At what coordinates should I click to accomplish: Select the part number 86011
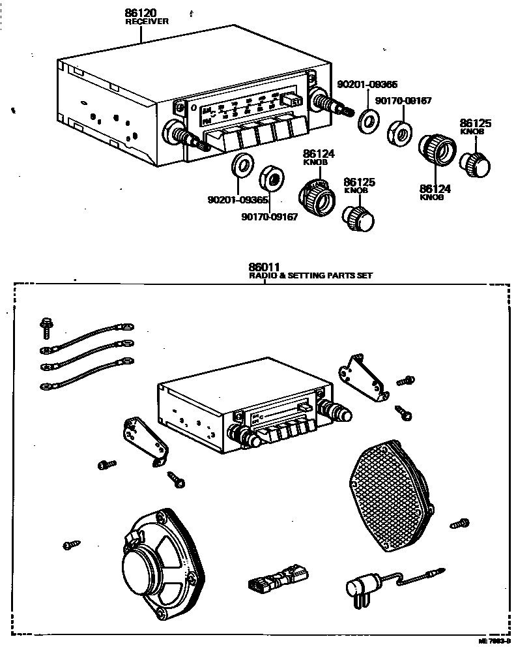coord(264,267)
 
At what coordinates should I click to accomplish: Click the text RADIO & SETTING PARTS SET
coord(311,276)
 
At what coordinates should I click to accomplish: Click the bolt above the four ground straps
coord(46,326)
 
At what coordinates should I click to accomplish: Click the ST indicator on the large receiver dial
coord(294,101)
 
